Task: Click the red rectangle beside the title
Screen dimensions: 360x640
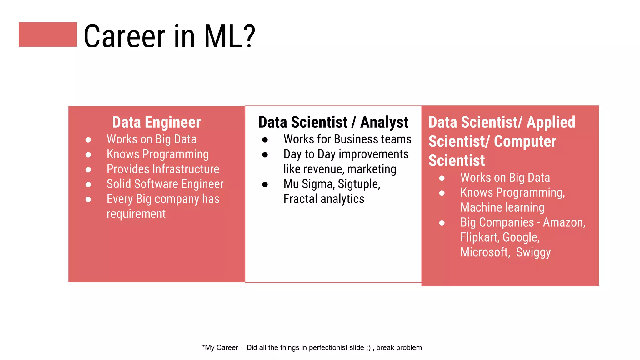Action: pyautogui.click(x=47, y=34)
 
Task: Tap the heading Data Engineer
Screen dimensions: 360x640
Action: pyautogui.click(x=156, y=122)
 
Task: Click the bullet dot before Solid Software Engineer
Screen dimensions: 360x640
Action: pyautogui.click(x=88, y=185)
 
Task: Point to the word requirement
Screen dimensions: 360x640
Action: pyautogui.click(x=136, y=214)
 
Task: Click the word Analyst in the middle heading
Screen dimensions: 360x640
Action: pyautogui.click(x=384, y=122)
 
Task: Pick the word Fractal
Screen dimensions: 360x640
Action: pyautogui.click(x=300, y=199)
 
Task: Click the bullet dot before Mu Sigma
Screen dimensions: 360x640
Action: pyautogui.click(x=265, y=185)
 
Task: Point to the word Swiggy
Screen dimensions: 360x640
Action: pyautogui.click(x=533, y=252)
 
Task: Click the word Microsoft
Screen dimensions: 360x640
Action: pyautogui.click(x=485, y=252)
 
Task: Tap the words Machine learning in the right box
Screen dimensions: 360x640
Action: pyautogui.click(x=502, y=207)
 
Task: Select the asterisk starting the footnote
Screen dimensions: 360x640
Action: pyautogui.click(x=203, y=347)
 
